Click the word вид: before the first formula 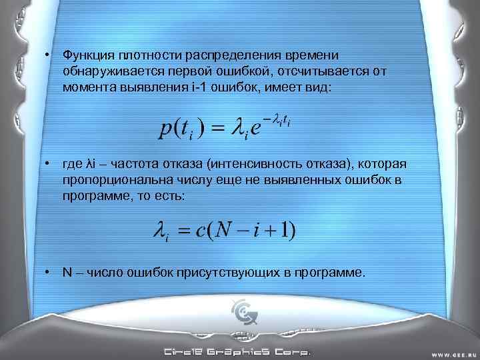coord(313,87)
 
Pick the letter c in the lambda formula coord(199,231)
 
